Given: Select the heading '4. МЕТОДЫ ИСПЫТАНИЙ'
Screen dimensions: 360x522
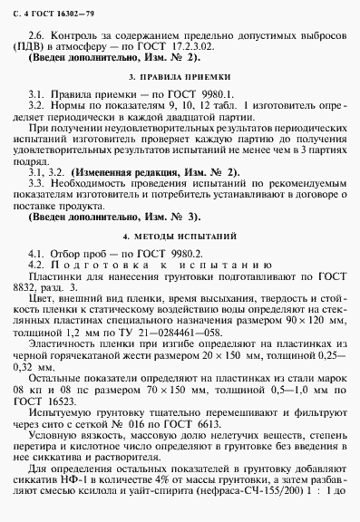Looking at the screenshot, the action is click(180, 260).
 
